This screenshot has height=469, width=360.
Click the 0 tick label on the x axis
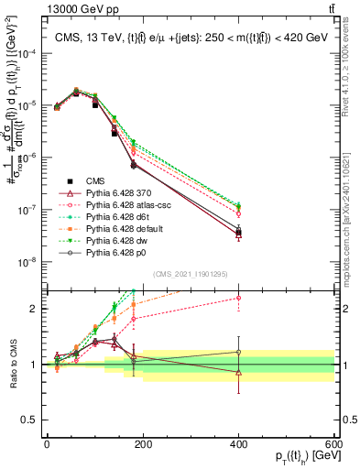(47, 445)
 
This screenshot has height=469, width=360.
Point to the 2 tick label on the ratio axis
(36, 308)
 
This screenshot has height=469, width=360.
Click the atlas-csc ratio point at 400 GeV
(239, 298)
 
